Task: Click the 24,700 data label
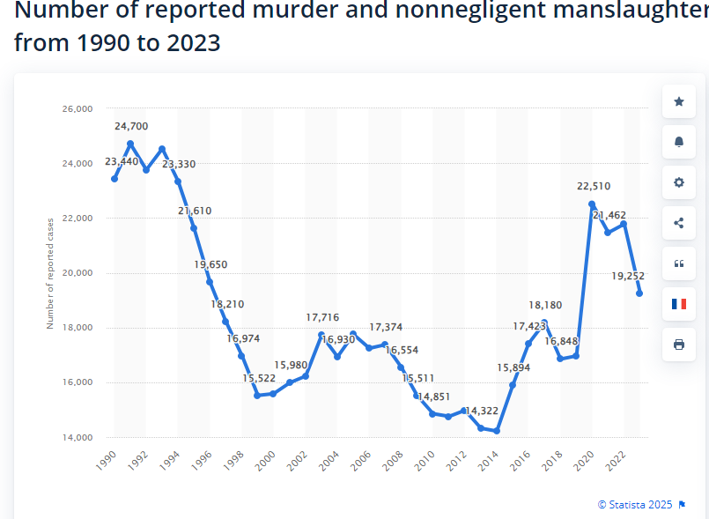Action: [x=130, y=127]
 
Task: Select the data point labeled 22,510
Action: [x=592, y=204]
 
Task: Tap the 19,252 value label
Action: [x=628, y=276]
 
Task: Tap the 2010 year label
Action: [x=426, y=459]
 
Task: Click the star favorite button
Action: [x=678, y=102]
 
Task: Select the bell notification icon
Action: [x=678, y=142]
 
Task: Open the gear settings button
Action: [x=678, y=182]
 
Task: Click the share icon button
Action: [x=678, y=223]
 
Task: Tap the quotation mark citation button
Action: [x=678, y=263]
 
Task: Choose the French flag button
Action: [x=678, y=304]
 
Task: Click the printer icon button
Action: [x=678, y=345]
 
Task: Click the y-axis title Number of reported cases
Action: [x=50, y=272]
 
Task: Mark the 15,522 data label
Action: [x=260, y=378]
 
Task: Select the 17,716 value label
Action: [x=322, y=317]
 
